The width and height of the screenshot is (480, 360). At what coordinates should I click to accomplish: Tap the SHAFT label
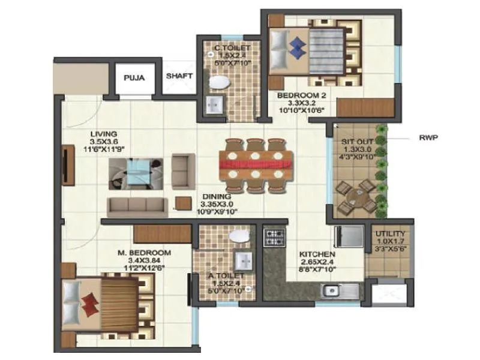tap(179, 76)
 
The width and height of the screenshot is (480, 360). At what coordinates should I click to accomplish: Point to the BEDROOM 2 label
tap(296, 95)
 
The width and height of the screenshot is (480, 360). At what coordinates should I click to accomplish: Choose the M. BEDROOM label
tap(144, 252)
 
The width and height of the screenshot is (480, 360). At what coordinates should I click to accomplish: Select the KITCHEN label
tap(318, 254)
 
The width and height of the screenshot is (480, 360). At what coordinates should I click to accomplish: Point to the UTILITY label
tap(390, 234)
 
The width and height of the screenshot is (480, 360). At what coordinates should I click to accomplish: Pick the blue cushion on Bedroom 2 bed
tap(295, 47)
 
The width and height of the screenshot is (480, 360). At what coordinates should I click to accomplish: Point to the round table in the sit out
tap(352, 197)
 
